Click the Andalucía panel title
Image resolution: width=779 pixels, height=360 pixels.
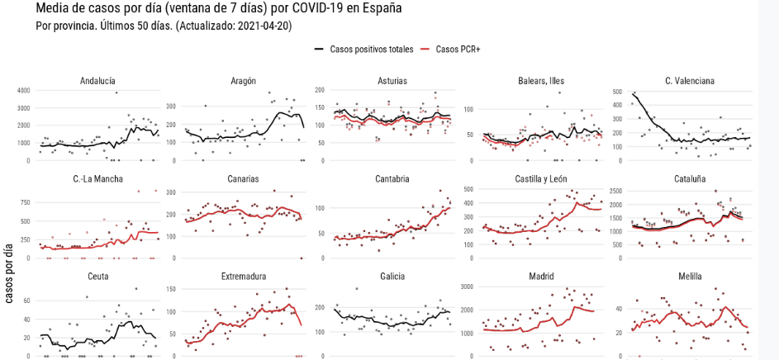97,81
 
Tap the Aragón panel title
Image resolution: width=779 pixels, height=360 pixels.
244,81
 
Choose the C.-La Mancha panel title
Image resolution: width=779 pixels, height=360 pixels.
97,178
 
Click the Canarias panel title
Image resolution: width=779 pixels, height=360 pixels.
244,178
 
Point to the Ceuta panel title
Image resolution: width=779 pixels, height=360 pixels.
97,276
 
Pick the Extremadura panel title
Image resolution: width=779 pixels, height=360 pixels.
244,276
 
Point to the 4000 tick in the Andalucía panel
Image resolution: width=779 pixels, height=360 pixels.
23,90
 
